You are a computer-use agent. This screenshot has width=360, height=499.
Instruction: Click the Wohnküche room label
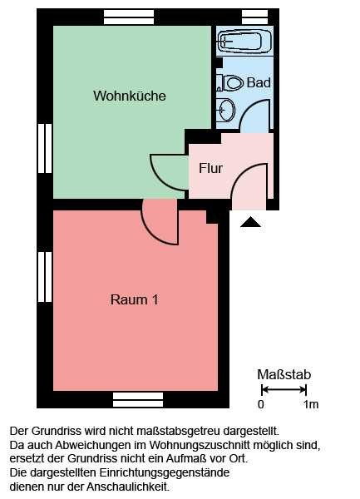click(130, 96)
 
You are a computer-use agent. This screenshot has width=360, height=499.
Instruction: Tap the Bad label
click(259, 82)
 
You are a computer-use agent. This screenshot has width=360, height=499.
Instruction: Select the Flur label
click(210, 168)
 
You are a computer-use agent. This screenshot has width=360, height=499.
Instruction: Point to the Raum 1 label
click(134, 299)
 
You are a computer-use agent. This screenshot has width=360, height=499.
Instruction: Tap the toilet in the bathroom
click(229, 82)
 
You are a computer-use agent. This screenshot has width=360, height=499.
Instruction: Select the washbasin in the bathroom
click(226, 110)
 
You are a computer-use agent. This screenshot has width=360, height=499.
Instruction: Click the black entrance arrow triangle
click(250, 222)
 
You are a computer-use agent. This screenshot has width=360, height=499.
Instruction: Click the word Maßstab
click(284, 374)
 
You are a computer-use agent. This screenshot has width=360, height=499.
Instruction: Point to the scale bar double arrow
click(284, 389)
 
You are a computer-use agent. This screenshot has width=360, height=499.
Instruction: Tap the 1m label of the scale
click(311, 404)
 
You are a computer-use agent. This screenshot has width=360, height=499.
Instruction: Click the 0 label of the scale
click(261, 404)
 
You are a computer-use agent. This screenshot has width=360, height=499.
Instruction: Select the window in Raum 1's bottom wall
click(138, 400)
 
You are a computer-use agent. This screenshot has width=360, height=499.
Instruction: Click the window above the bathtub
click(255, 17)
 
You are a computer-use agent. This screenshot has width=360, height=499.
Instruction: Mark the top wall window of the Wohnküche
click(129, 17)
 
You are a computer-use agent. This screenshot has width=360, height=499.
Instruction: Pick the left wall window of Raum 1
click(45, 277)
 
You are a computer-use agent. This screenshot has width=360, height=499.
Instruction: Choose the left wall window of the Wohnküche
click(45, 148)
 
